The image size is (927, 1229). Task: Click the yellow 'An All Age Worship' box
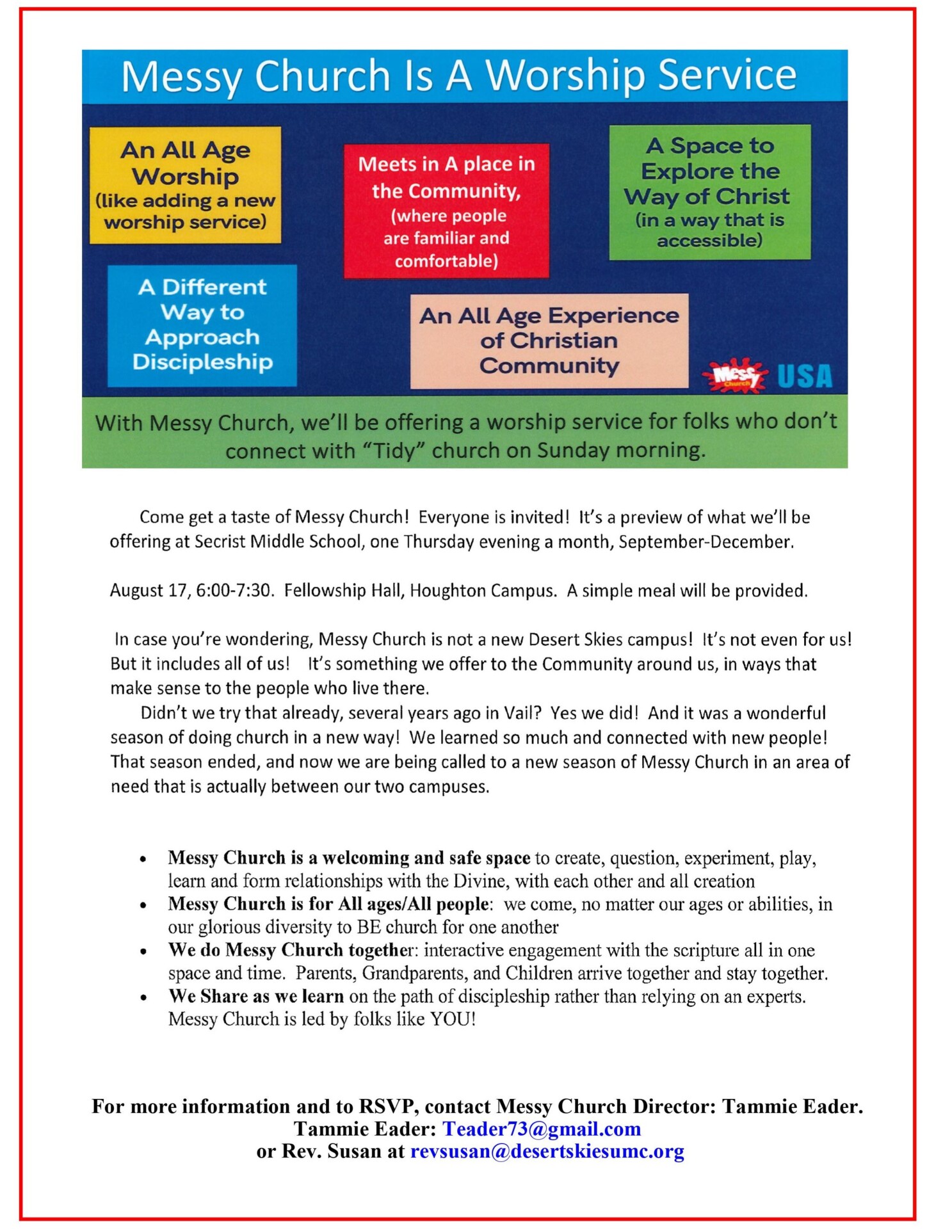[185, 185]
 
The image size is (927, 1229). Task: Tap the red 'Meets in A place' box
[446, 211]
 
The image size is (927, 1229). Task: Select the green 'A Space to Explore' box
[709, 192]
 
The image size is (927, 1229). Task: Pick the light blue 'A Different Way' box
[202, 325]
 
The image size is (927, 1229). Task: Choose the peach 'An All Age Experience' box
[549, 341]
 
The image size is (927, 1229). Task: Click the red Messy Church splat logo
[735, 374]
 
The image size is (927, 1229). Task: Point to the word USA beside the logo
[804, 376]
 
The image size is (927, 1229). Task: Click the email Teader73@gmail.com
[542, 1129]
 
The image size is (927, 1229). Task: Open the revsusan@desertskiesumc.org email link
[547, 1151]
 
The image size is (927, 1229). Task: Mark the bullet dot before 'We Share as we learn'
[143, 997]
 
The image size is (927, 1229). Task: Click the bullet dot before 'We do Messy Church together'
[143, 951]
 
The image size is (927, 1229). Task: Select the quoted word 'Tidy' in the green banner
[394, 451]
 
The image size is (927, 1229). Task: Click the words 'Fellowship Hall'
[343, 590]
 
